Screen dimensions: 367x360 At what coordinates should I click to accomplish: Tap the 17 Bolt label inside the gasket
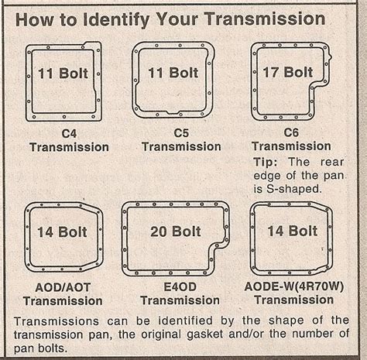[x=287, y=72]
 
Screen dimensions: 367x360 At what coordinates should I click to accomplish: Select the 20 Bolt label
[x=176, y=231]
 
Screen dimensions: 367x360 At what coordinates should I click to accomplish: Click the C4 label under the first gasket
[x=69, y=134]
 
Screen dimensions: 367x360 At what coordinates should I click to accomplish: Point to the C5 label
[x=181, y=133]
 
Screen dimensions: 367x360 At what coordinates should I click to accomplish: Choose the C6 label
[x=291, y=132]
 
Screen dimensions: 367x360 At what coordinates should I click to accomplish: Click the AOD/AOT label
[x=63, y=287]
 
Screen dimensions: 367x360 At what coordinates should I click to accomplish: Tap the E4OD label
[x=180, y=286]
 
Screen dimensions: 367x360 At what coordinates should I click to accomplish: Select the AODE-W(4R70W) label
[x=294, y=286]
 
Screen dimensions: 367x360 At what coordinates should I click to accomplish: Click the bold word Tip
[x=266, y=163]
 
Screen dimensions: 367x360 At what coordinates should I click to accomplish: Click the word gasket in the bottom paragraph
[x=204, y=334]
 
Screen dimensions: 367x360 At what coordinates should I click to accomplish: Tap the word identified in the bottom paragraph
[x=185, y=321]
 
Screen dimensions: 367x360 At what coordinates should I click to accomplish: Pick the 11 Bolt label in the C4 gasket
[x=63, y=74]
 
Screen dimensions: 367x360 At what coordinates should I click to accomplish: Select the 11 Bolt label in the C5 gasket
[x=173, y=73]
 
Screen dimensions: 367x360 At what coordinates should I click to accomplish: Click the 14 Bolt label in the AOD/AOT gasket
[x=62, y=232]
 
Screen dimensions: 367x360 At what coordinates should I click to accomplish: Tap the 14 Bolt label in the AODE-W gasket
[x=292, y=231]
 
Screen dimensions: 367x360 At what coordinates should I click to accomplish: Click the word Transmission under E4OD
[x=180, y=300]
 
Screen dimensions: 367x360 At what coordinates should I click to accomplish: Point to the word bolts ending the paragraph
[x=53, y=348]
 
